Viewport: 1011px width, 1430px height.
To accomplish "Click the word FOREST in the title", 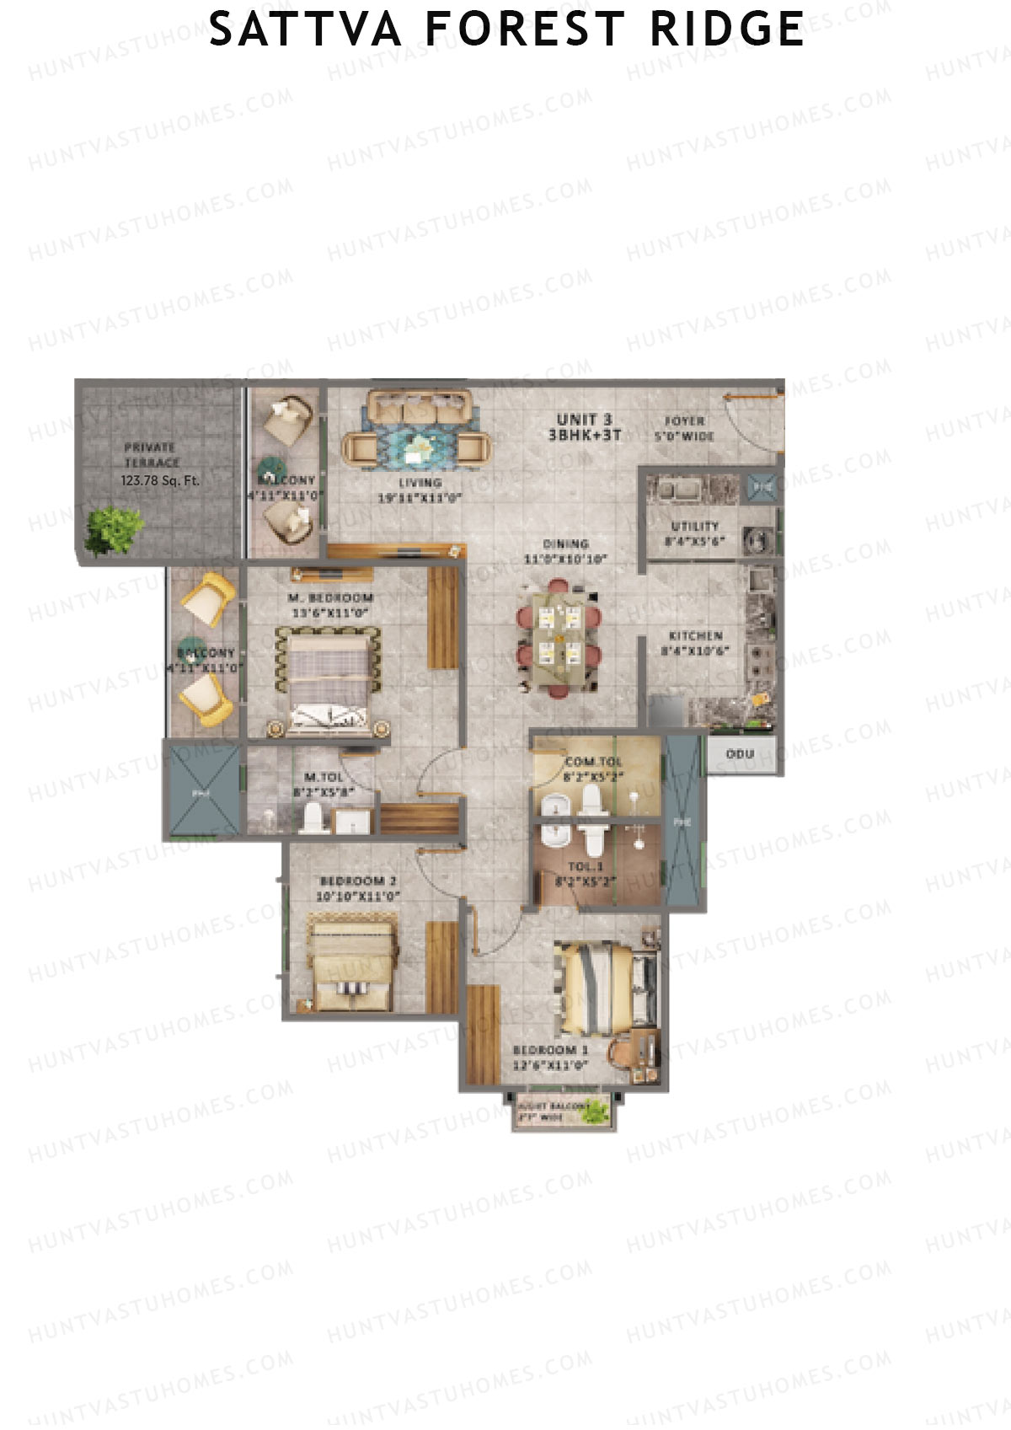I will (x=523, y=29).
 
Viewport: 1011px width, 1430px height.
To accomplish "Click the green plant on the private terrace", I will (x=113, y=530).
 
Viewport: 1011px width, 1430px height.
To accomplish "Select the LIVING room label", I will (x=420, y=483).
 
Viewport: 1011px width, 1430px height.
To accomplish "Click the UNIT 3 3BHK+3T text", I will (x=584, y=427).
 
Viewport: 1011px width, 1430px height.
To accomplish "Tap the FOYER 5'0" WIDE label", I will (x=684, y=428).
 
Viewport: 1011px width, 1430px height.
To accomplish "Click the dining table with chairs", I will (x=559, y=637).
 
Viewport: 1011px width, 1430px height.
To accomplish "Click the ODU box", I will (x=740, y=754).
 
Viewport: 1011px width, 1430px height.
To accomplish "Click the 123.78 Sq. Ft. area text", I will (x=160, y=481).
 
